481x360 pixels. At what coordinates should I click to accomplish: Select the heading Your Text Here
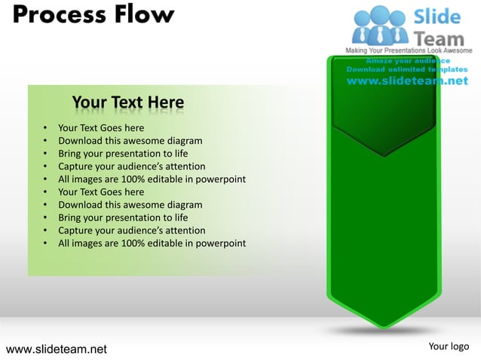pos(127,102)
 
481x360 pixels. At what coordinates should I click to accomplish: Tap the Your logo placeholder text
pos(449,346)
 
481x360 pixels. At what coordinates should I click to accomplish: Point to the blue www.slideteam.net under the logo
pos(407,81)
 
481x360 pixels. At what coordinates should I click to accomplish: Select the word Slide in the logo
pos(441,15)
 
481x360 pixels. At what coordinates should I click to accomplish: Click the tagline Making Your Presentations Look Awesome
pos(409,50)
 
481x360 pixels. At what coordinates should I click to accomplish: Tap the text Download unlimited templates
pos(407,69)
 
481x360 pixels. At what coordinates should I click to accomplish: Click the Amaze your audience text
pos(408,60)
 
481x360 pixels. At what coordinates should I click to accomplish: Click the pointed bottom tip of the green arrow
pos(384,325)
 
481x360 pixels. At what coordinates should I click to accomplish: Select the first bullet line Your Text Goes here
pos(101,128)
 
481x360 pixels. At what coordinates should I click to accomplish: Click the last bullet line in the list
pos(152,243)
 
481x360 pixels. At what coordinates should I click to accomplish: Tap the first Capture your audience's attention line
pos(131,166)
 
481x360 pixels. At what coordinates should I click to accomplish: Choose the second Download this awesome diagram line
pos(130,205)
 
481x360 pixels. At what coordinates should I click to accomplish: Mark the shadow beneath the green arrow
pos(384,332)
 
